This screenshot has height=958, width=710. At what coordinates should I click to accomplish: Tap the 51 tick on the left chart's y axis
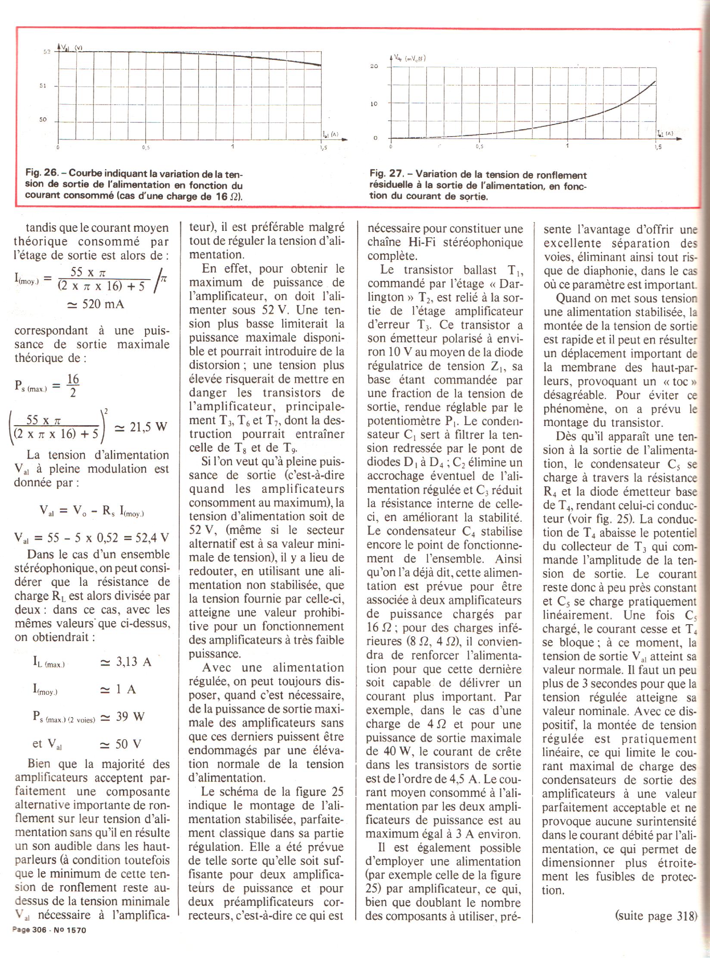click(44, 86)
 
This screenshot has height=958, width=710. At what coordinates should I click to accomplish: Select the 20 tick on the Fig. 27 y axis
click(374, 66)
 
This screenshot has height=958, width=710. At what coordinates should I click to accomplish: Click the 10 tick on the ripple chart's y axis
click(374, 104)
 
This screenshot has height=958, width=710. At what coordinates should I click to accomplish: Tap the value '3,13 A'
click(125, 662)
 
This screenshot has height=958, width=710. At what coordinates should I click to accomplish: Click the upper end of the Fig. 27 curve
click(655, 81)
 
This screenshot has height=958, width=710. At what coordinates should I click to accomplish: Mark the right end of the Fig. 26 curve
click(321, 65)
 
